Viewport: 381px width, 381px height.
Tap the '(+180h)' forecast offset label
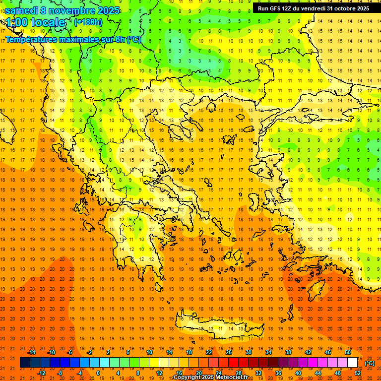pyautogui.click(x=88, y=22)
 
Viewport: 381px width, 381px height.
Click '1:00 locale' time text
pyautogui.click(x=36, y=22)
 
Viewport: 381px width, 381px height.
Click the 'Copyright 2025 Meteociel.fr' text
pyautogui.click(x=210, y=378)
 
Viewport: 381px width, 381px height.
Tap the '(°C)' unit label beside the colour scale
pyautogui.click(x=370, y=363)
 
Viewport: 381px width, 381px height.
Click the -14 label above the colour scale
pyautogui.click(x=32, y=352)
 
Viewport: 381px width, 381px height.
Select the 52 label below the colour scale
pyautogui.click(x=358, y=373)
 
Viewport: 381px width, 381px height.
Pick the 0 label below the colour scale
pyautogui.click(x=98, y=373)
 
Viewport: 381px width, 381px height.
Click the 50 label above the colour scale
pyautogui.click(x=348, y=352)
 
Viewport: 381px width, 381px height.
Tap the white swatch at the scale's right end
pyautogui.click(x=353, y=363)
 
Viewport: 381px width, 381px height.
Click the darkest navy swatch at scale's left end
pyautogui.click(x=25, y=363)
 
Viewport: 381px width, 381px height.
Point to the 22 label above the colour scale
pyautogui.click(x=209, y=352)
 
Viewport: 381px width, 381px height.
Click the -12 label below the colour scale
pyautogui.click(x=41, y=373)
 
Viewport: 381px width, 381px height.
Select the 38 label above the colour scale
pyautogui.click(x=288, y=352)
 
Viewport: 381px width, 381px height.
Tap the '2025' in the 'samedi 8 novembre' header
pyautogui.click(x=108, y=10)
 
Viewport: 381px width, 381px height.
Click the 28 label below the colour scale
pyautogui.click(x=239, y=373)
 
